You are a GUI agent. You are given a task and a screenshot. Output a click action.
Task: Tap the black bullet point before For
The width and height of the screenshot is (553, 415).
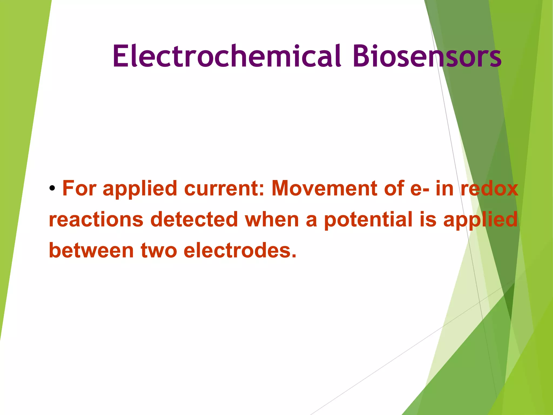52,188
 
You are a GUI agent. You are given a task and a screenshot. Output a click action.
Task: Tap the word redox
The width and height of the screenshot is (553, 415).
489,189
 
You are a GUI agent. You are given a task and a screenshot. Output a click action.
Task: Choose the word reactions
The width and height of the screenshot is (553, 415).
96,219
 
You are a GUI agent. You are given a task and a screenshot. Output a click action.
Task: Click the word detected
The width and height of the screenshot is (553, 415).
194,219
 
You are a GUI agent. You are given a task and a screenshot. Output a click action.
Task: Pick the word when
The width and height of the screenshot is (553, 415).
272,219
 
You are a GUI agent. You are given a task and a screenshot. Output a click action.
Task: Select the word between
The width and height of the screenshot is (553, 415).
91,250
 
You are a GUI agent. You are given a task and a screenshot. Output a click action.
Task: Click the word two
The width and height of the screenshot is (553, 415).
159,251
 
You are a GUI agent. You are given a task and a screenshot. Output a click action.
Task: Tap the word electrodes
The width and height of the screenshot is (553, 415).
240,250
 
